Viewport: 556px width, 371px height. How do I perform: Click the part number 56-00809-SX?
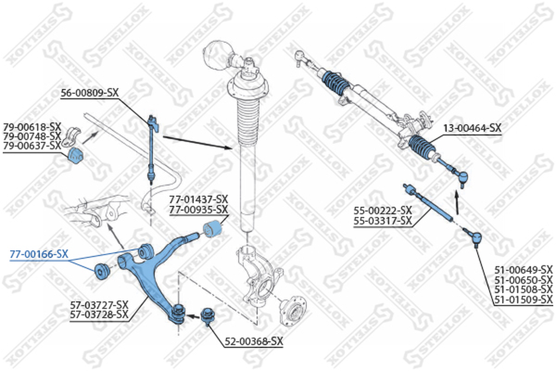click(x=90, y=93)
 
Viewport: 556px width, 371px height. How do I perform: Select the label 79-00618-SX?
click(x=32, y=126)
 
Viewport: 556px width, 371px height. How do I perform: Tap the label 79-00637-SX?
click(x=32, y=145)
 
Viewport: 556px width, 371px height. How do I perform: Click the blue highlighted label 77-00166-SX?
click(x=39, y=254)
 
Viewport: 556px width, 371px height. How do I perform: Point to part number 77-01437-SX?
click(x=198, y=199)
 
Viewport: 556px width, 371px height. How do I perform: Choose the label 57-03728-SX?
click(x=100, y=314)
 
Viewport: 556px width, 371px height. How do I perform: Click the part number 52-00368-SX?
click(x=254, y=342)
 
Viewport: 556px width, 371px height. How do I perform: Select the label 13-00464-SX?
click(x=472, y=128)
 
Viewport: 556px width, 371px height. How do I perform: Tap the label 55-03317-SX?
click(x=383, y=221)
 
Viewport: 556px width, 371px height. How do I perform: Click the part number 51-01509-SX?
click(x=524, y=299)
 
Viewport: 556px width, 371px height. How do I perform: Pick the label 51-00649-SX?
click(x=524, y=270)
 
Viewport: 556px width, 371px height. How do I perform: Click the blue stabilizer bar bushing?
click(x=75, y=156)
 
